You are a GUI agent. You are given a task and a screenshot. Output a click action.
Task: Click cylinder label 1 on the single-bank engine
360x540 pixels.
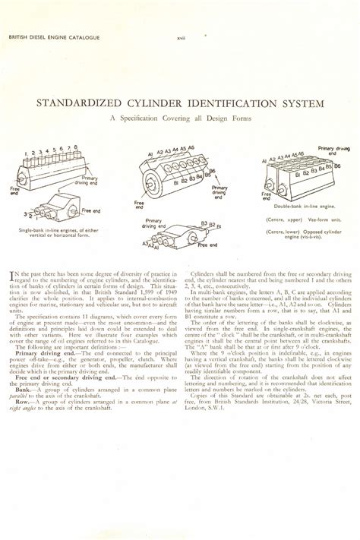click(x=27, y=154)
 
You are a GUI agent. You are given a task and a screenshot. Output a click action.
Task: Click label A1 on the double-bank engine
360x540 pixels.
click(x=264, y=161)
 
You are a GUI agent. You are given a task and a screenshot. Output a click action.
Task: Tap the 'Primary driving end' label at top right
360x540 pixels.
click(x=334, y=151)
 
